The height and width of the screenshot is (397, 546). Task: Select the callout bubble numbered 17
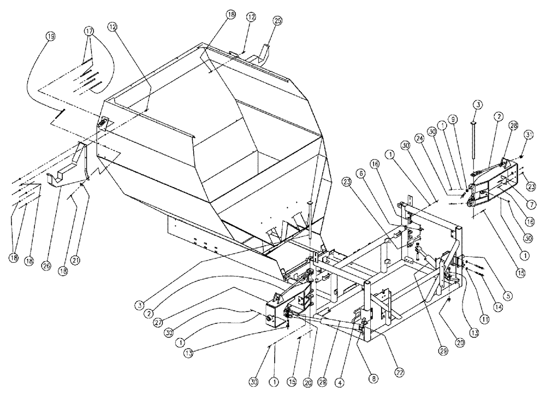89,31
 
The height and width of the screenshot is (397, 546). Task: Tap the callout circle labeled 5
508,297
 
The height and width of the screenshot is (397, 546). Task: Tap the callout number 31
528,135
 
